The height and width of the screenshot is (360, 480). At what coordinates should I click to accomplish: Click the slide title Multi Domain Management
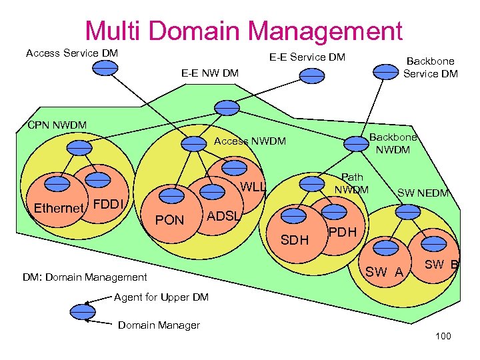[x=243, y=31]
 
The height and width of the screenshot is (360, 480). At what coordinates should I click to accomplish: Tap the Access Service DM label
[x=72, y=53]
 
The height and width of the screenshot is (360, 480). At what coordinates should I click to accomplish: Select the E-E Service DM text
[x=307, y=57]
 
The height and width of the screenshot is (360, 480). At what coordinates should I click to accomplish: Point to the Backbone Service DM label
[x=430, y=67]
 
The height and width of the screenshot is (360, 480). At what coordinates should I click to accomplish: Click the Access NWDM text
[x=249, y=141]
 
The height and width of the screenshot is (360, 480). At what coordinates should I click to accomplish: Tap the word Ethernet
[x=59, y=208]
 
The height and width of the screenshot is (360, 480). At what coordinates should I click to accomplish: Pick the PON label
[x=169, y=220]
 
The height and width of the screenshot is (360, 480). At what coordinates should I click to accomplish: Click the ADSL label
[x=223, y=215]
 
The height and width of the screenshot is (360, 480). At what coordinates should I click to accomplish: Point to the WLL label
[x=253, y=187]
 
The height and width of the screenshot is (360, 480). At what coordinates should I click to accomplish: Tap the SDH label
[x=294, y=239]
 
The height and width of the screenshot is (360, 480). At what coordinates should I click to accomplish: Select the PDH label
[x=343, y=232]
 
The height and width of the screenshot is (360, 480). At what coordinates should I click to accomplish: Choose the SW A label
[x=385, y=271]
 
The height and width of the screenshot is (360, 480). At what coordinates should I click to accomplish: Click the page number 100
[x=443, y=336]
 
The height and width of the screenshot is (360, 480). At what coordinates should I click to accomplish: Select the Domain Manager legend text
[x=159, y=325]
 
